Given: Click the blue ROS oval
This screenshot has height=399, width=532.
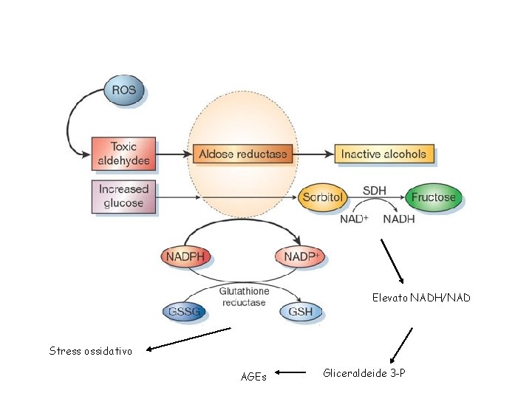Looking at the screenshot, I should tap(124, 91).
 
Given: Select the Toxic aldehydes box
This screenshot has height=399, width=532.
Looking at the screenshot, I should tap(124, 154).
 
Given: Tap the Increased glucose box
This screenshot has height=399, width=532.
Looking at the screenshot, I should tap(124, 197).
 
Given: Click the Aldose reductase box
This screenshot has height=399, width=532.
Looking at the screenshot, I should tap(243, 154).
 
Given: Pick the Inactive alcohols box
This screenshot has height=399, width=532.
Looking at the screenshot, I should tap(383, 154).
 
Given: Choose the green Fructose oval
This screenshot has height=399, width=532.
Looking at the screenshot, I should tap(434, 198).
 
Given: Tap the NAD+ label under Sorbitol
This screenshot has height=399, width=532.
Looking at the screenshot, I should tap(354, 219).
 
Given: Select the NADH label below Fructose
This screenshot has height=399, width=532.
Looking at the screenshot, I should tap(399, 219).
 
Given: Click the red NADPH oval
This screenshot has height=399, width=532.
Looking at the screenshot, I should tap(185, 257).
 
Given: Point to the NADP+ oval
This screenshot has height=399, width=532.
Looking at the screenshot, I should tap(300, 257).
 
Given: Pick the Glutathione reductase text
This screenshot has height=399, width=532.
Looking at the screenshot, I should tap(244, 297).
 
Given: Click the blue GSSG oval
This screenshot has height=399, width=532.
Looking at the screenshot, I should tap(185, 312).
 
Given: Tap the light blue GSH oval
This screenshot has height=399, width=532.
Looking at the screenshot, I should tap(301, 312).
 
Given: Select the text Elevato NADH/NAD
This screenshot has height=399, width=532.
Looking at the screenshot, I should tap(421, 299).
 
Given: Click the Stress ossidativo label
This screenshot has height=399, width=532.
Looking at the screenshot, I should tap(91, 351).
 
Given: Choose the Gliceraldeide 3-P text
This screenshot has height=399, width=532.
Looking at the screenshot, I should tap(364, 373).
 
